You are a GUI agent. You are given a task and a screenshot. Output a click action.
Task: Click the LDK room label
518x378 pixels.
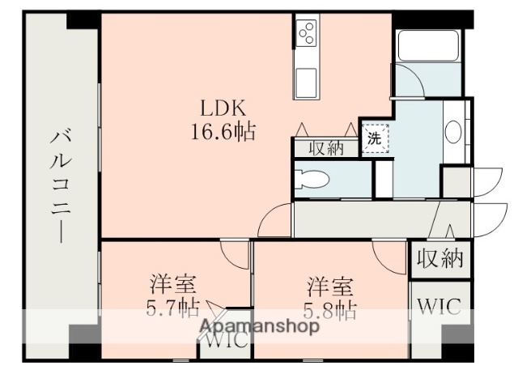point(218,108)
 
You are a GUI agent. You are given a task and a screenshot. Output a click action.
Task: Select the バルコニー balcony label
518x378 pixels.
point(61,181)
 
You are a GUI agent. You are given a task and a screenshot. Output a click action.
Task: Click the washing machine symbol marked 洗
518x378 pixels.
point(375,138)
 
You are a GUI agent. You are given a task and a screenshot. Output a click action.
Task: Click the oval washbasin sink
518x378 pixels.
point(453,131)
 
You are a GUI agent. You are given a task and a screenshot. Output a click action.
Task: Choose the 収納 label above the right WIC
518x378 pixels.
point(439,258)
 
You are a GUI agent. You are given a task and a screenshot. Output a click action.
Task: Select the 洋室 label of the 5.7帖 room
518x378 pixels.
point(171,286)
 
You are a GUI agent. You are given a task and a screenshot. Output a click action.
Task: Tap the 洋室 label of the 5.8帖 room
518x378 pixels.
point(329,286)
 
